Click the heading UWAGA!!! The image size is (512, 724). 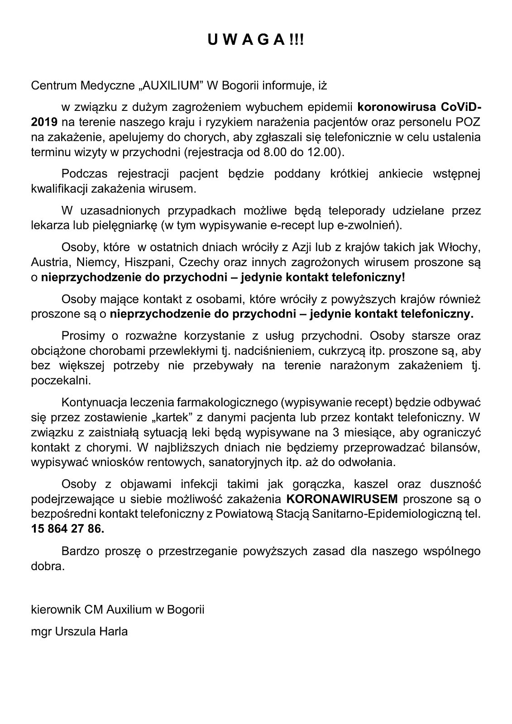coord(256,41)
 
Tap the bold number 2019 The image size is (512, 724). coord(44,122)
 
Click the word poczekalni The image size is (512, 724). coord(61,381)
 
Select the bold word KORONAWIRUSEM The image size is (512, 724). coord(342,499)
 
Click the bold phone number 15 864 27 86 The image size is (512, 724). coord(67,529)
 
